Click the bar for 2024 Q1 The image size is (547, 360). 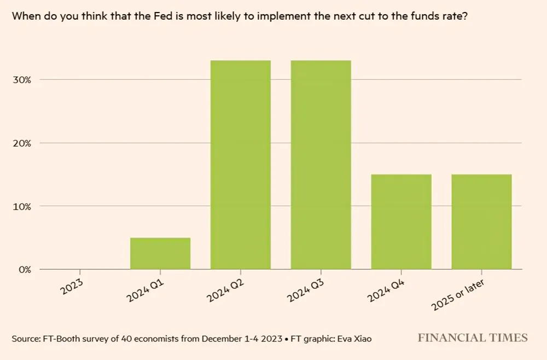point(160,253)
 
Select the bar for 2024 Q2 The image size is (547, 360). point(241,165)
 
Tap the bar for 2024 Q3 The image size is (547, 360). point(321,165)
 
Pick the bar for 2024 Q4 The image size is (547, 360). point(401,222)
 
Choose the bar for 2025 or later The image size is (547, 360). point(482,222)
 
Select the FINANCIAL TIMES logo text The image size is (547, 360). point(473,338)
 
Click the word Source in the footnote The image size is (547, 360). point(25,339)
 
